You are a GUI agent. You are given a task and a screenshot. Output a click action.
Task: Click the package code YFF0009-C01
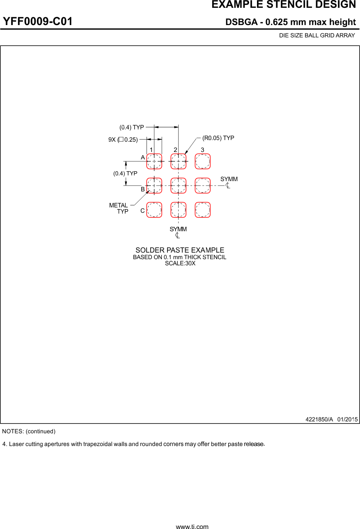[x=37, y=21]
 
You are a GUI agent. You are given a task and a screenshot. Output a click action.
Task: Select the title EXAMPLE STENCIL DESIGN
[x=284, y=5]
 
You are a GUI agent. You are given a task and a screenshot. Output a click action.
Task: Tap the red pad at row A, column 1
[x=154, y=161]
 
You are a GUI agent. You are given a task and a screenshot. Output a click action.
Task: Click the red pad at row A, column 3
[x=202, y=161]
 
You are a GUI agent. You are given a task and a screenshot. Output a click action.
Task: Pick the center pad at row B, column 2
[x=178, y=186]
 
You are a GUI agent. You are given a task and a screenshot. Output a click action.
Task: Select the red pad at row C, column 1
[x=154, y=210]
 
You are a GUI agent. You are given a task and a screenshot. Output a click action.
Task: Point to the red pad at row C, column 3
[x=202, y=210]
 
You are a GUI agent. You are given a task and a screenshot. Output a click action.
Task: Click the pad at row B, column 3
[x=202, y=186]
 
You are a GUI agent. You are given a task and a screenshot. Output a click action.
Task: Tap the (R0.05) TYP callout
[x=218, y=138]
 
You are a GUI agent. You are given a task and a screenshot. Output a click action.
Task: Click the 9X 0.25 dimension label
[x=123, y=140]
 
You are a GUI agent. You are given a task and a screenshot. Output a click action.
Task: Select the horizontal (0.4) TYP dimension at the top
[x=132, y=127]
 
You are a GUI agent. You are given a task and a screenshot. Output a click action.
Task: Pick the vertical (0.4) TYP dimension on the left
[x=125, y=173]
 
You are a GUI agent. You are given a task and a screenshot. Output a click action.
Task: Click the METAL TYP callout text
[x=119, y=208]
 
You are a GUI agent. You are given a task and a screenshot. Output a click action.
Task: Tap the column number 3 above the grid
[x=202, y=150]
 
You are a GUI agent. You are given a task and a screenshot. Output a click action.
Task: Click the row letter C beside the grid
[x=142, y=211]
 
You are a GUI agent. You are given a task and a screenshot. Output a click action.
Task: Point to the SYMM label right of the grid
[x=229, y=179]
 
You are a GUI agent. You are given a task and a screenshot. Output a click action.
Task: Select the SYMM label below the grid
[x=178, y=229]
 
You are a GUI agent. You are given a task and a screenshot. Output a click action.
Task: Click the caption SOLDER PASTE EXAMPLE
[x=180, y=250]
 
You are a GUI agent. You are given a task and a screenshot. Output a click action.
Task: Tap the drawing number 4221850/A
[x=319, y=419]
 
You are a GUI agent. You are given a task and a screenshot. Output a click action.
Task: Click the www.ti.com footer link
[x=192, y=527]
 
